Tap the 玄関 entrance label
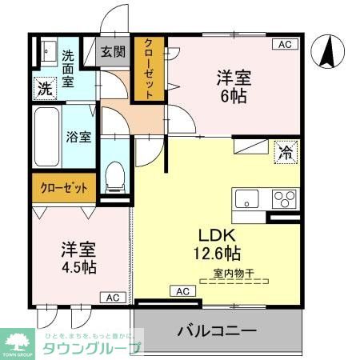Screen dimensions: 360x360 [x=113, y=53]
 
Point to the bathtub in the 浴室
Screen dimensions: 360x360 [x=46, y=137]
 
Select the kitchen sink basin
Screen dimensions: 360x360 [x=246, y=198]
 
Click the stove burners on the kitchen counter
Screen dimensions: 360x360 [x=283, y=198]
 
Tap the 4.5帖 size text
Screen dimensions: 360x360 [x=78, y=266]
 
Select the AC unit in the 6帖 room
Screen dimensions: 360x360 [x=286, y=45]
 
